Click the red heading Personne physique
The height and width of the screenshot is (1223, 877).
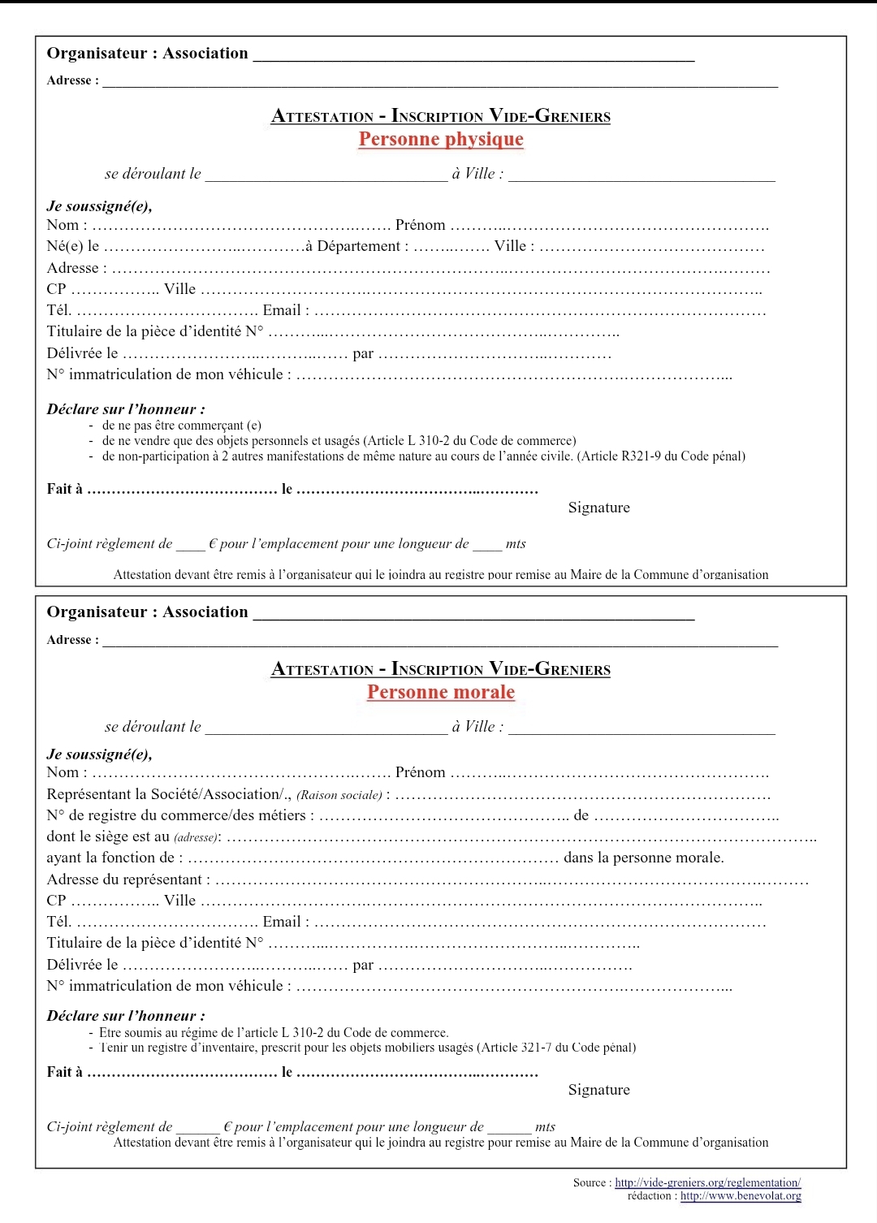tap(441, 140)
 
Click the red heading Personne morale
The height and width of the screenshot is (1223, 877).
tap(441, 693)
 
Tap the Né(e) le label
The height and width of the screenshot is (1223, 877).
tap(73, 246)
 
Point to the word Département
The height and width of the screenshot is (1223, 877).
tap(358, 246)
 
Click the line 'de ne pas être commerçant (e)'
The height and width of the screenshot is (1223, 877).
tap(181, 426)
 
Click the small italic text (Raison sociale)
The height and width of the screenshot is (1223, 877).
tap(339, 795)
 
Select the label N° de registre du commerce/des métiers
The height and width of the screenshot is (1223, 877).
tap(176, 815)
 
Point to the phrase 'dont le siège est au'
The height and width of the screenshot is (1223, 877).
tap(108, 836)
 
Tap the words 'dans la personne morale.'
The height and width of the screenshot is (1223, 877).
tap(644, 858)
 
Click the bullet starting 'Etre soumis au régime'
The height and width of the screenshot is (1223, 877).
tap(273, 1033)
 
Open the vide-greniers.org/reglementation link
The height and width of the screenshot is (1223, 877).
tap(707, 1183)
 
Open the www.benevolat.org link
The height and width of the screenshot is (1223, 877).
tap(741, 1196)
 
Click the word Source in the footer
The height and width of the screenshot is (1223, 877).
tap(590, 1183)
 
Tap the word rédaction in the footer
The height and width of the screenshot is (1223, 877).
tap(650, 1196)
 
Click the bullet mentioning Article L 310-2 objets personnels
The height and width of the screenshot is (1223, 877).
tap(339, 441)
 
